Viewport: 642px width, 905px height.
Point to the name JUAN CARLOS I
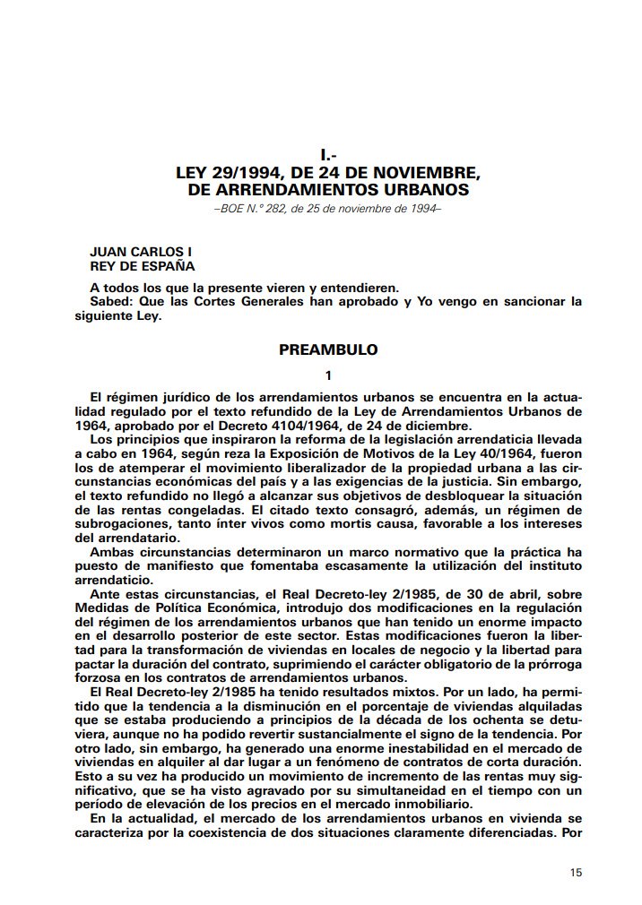point(141,253)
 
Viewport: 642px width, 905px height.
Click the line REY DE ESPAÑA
point(143,266)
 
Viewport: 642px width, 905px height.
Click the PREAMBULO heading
point(328,349)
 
